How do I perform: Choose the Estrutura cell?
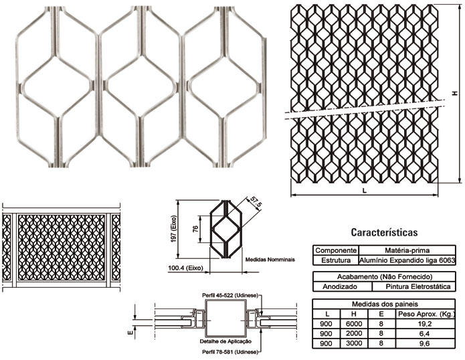pos(335,259)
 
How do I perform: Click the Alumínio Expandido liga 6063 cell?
pos(408,259)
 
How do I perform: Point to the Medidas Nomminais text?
pos(266,257)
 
